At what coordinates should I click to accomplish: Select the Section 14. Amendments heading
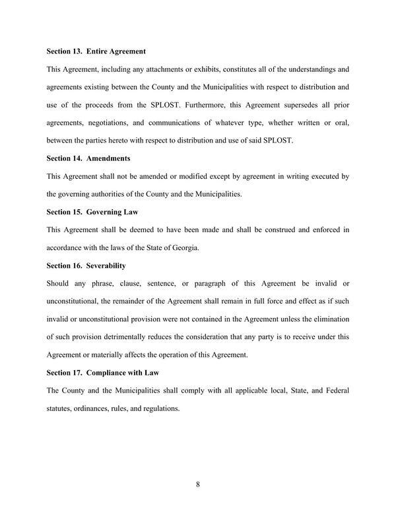(88, 158)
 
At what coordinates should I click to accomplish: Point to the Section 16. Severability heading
(86, 265)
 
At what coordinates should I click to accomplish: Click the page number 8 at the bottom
(198, 485)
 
